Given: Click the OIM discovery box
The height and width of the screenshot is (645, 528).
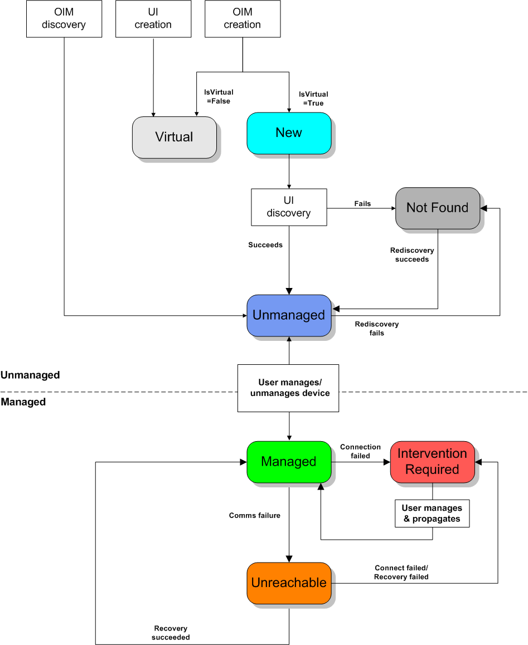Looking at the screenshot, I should coord(64,18).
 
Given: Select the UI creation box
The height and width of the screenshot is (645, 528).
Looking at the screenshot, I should coord(153,18).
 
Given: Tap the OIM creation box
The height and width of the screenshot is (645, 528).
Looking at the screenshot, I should coord(243,18).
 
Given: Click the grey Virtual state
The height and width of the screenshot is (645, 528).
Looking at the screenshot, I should coord(174,137).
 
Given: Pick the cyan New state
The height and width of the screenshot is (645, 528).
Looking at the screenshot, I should coord(289,133).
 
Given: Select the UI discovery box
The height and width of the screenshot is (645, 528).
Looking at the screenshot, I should coord(289,207).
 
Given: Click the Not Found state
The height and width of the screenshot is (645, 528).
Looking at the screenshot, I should coord(438,208).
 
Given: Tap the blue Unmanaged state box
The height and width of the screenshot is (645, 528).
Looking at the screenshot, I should coord(289,315).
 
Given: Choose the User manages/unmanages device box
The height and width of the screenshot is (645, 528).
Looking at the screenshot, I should coord(288,388).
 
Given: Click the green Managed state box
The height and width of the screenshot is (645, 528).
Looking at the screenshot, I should coord(289,462).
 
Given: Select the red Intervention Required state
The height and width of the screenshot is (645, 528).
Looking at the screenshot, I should coord(432,462).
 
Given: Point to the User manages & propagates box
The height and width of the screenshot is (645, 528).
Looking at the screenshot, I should coord(432,513).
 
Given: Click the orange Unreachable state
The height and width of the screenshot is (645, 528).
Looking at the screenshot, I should coord(289,583).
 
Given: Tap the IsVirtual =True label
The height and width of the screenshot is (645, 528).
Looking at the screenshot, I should coord(313,99).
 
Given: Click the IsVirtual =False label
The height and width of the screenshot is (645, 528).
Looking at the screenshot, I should coord(219,96).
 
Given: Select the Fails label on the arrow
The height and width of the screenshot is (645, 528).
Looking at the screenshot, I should coord(362,203).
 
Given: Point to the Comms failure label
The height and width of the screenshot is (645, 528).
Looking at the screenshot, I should coord(255,515).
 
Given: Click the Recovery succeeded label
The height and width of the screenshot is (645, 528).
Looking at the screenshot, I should coord(171,633).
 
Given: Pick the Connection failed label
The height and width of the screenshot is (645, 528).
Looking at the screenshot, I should coord(361,451).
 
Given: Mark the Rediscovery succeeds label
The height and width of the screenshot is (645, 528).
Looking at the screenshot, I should coord(412,255).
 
